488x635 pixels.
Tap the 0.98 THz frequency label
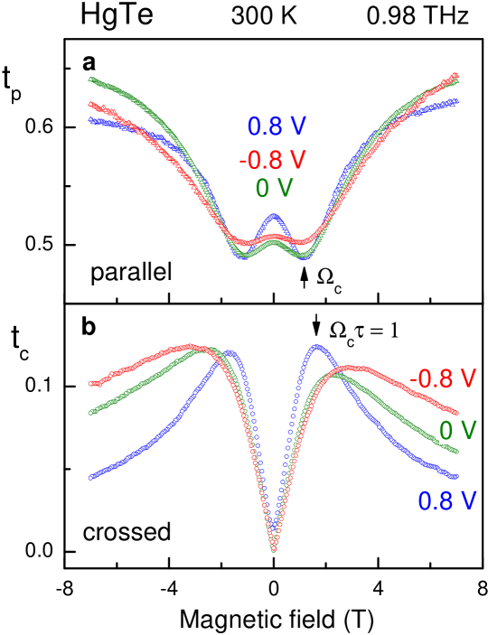pos(418,15)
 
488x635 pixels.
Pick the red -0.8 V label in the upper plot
pos(273,160)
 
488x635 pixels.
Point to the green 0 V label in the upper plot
pos(275,188)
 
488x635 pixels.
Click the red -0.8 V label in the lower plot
pos(442,378)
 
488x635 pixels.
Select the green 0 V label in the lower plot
pos(457,429)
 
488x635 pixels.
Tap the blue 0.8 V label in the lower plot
pos(446,500)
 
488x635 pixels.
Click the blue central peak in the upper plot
pos(274,216)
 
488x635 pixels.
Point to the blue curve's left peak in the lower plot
pos(231,352)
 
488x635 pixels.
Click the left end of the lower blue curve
pos(90,477)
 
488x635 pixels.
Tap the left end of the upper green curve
pos(90,79)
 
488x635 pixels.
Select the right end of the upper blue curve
pos(456,101)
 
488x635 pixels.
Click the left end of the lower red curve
pos(90,384)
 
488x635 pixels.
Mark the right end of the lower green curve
pos(456,450)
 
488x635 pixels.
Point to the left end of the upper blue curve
pos(90,118)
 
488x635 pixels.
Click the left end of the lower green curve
pos(90,413)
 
